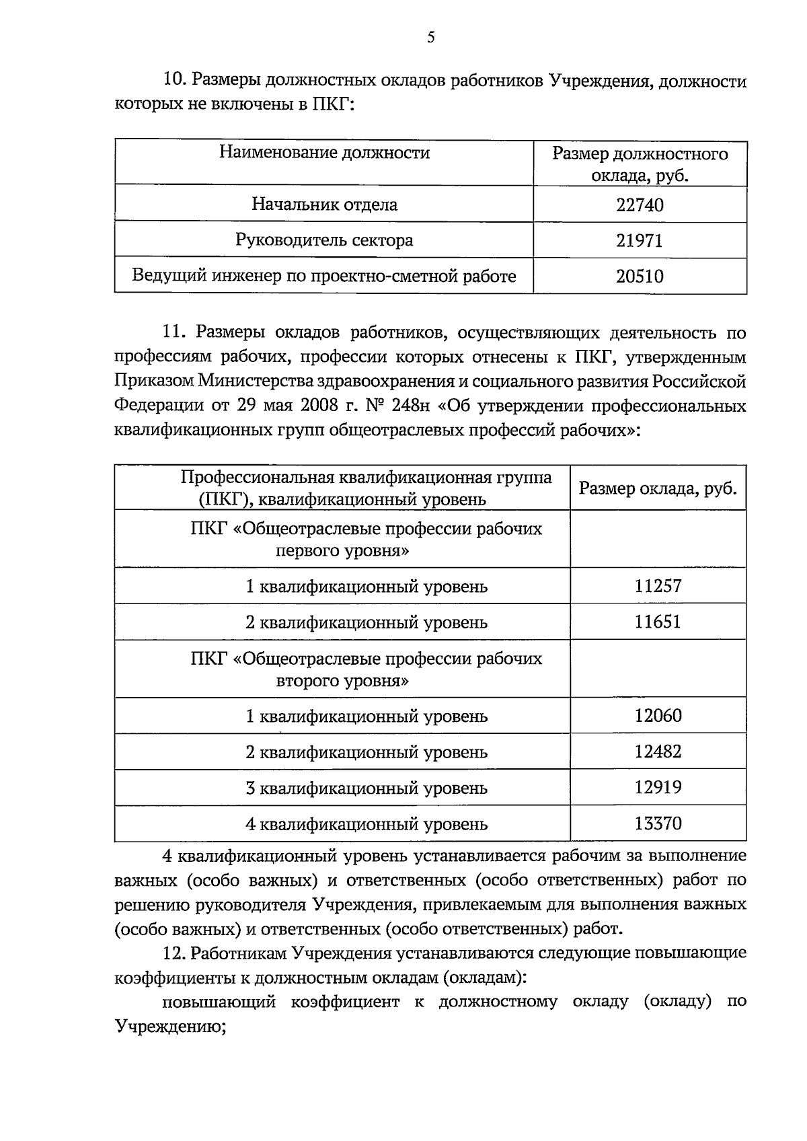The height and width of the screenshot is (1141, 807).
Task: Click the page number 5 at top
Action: click(x=430, y=38)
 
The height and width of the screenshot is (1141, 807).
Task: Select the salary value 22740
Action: click(x=640, y=205)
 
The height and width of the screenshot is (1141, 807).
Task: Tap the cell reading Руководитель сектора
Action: click(x=324, y=240)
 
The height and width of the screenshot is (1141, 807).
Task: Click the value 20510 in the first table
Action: click(x=640, y=277)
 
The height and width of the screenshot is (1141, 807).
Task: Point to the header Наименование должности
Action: click(x=324, y=153)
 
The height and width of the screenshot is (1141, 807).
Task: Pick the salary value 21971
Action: click(x=640, y=241)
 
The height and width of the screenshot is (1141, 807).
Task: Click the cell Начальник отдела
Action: click(x=324, y=205)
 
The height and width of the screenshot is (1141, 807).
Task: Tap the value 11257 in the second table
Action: click(x=658, y=586)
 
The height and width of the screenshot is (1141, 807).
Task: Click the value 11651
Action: click(x=658, y=622)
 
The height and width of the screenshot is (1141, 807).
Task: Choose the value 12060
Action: click(x=658, y=716)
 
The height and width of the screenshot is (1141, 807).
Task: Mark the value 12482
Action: click(x=658, y=751)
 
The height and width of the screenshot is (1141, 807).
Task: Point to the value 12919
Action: click(x=658, y=787)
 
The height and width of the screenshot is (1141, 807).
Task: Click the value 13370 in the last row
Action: click(x=658, y=823)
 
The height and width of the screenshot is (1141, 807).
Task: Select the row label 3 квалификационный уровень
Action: click(x=367, y=788)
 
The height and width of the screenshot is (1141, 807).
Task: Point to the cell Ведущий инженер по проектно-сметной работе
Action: click(x=324, y=277)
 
